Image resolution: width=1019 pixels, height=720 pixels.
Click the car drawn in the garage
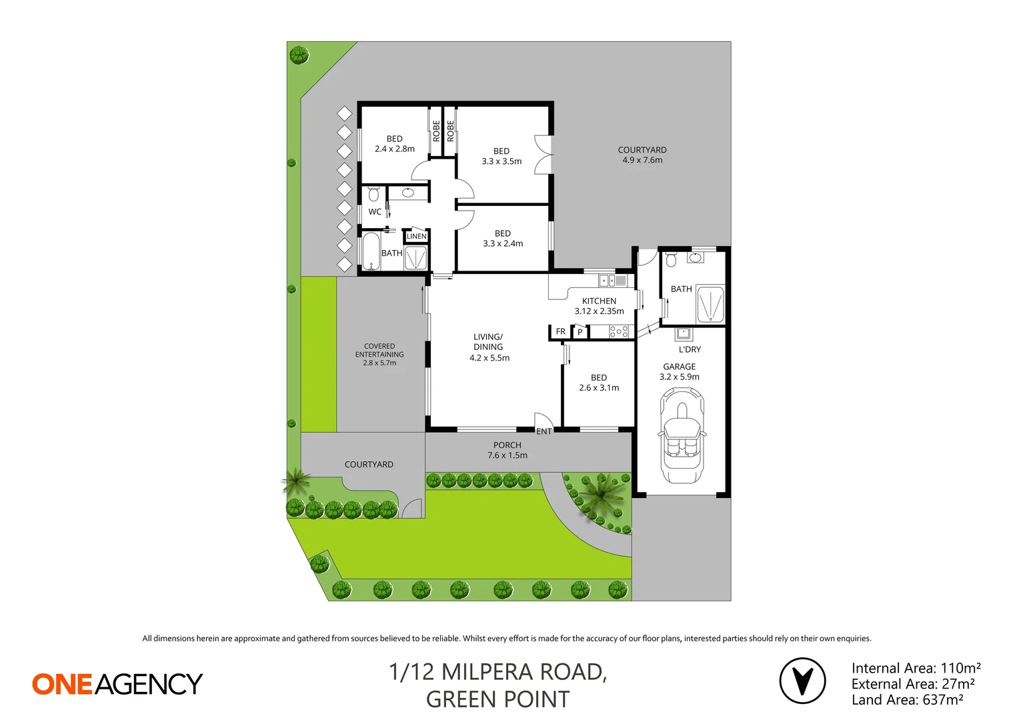(x=681, y=436)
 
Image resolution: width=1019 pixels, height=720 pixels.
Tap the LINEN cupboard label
(x=416, y=236)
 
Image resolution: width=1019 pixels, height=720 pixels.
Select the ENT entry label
(x=544, y=431)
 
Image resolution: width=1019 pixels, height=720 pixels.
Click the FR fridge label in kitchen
(x=561, y=331)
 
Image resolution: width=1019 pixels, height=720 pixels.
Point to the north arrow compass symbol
(x=802, y=681)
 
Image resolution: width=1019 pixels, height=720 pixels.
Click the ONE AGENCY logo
(x=117, y=684)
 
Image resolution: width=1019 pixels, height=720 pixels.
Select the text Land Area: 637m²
(x=907, y=700)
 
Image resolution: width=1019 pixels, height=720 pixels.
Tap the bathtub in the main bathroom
(x=371, y=251)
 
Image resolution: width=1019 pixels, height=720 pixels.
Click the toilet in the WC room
(x=373, y=194)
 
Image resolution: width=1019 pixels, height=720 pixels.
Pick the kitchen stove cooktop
(x=619, y=331)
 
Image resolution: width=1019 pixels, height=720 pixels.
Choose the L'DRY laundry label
(x=690, y=349)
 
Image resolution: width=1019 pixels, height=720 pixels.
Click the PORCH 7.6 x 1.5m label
(x=507, y=450)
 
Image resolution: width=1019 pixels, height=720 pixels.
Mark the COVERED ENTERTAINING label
(x=379, y=354)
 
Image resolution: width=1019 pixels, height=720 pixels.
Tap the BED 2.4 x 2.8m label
(x=395, y=144)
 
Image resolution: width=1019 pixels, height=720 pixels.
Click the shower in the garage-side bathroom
(x=710, y=305)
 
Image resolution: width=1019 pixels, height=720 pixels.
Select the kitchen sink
(x=607, y=281)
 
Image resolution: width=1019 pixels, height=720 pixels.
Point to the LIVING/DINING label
(x=489, y=347)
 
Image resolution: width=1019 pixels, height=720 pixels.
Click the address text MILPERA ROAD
(x=524, y=672)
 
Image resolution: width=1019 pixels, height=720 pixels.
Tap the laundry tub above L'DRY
(x=683, y=333)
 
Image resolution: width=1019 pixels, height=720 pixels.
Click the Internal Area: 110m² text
(x=916, y=668)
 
